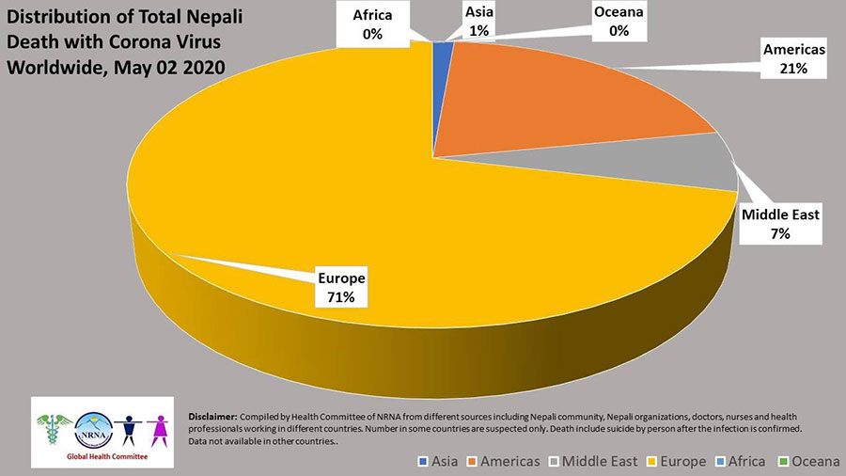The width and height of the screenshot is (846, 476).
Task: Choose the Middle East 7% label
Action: tap(780, 224)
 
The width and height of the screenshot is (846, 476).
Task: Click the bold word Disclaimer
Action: tap(213, 415)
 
